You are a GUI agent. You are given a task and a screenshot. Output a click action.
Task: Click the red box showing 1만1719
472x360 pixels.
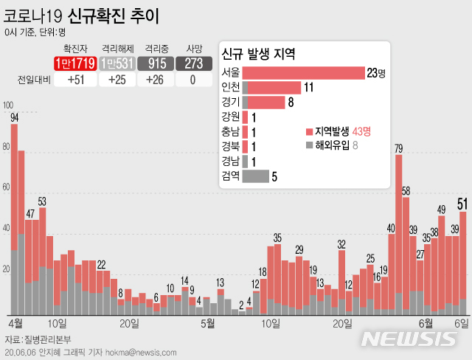74,63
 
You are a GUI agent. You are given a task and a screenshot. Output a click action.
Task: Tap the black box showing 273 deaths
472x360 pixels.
192,63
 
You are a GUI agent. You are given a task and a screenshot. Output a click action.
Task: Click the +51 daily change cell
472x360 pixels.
74,80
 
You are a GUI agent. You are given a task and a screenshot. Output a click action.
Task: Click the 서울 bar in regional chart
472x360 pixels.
303,72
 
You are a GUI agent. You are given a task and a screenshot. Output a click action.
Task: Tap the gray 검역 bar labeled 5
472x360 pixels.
255,176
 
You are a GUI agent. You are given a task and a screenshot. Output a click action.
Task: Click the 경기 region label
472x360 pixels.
230,102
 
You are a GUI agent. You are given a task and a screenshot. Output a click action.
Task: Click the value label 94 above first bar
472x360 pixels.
15,117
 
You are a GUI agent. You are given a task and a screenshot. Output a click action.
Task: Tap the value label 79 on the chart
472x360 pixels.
398,149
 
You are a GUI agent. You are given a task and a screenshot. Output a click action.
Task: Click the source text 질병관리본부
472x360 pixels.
46,339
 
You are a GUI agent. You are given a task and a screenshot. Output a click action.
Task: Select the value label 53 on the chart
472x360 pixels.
42,201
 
